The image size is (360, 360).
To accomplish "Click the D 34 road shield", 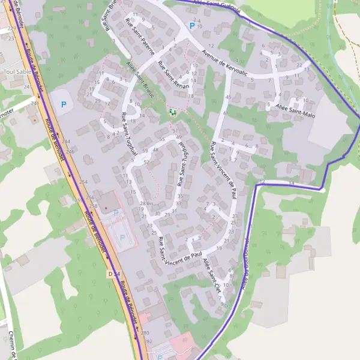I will pyautogui.click(x=115, y=274).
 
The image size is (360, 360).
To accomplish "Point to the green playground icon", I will pyautogui.click(x=173, y=112).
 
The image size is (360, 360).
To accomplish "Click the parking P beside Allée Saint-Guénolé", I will pyautogui.click(x=192, y=26).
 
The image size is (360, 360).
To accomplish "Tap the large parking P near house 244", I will pyautogui.click(x=63, y=104).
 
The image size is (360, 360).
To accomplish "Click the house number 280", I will pyautogui.click(x=144, y=332).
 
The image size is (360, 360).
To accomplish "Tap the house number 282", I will pyautogui.click(x=149, y=341).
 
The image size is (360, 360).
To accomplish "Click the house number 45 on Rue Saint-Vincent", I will pyautogui.click(x=228, y=97).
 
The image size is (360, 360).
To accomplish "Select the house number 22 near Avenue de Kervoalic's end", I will pyautogui.click(x=299, y=65).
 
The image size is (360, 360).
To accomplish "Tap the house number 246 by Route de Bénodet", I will pyautogui.click(x=70, y=152).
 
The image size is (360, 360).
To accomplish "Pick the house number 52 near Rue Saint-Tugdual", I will pyautogui.click(x=146, y=163).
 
